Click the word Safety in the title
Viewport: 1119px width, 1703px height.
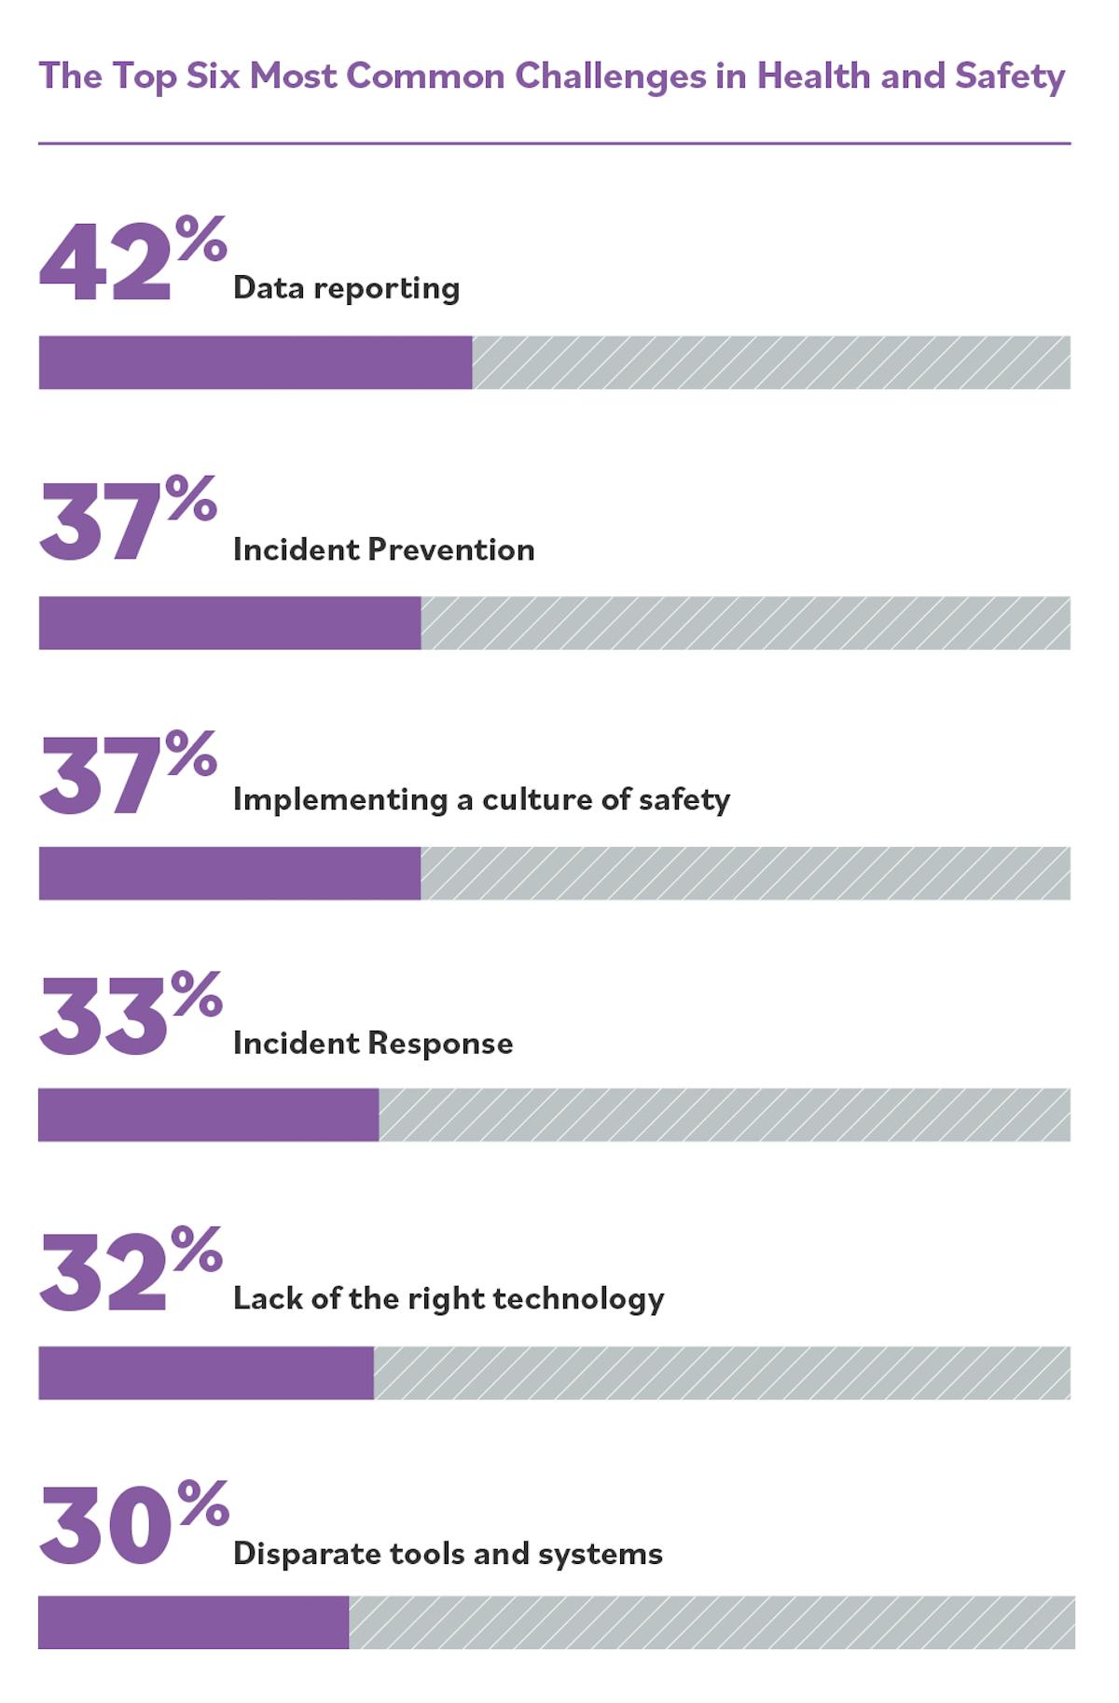point(1009,76)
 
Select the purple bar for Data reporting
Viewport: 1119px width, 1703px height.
point(255,363)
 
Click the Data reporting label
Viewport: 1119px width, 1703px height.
point(346,288)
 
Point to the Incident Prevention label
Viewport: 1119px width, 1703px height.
point(383,549)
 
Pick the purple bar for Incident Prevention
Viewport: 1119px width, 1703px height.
point(229,623)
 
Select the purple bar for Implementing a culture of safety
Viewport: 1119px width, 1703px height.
point(229,873)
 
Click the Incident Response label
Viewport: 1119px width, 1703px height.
point(373,1043)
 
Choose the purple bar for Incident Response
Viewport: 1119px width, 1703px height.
point(208,1115)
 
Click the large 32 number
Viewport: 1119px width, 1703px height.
point(103,1274)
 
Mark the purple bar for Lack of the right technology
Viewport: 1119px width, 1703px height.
point(205,1373)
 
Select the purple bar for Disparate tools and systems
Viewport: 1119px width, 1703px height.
point(193,1622)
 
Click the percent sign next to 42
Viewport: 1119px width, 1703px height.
point(200,239)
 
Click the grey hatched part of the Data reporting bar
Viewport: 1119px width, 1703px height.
point(770,363)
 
